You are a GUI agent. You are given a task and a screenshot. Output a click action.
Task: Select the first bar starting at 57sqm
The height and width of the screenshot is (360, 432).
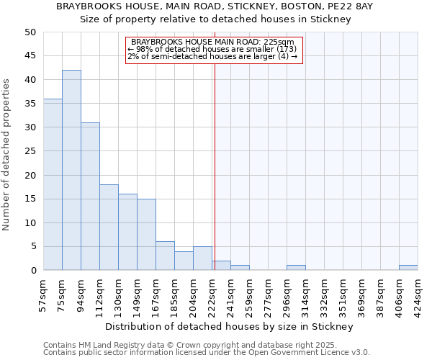pos(53,184)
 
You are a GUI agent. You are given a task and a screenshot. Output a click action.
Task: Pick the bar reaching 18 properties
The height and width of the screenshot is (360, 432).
pos(109,228)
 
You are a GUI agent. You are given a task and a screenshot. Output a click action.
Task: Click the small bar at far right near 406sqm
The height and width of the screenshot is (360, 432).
pos(408,268)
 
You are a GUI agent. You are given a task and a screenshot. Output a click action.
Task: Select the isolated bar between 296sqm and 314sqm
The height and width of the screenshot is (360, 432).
pos(296,268)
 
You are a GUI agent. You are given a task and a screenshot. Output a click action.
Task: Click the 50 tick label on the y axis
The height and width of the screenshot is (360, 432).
pos(30,32)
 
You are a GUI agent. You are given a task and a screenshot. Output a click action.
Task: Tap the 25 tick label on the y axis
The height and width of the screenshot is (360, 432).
pos(30,151)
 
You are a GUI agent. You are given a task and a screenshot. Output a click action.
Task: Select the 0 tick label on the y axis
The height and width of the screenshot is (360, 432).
pos(32,271)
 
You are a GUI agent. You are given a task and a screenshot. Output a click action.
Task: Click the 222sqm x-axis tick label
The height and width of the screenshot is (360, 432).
pos(212,294)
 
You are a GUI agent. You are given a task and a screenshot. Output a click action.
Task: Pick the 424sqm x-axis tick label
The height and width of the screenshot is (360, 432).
pos(418,294)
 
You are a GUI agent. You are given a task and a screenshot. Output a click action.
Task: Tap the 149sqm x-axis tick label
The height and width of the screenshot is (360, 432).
pos(137,294)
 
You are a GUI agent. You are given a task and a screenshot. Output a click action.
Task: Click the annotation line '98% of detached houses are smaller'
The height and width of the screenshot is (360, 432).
pos(213,49)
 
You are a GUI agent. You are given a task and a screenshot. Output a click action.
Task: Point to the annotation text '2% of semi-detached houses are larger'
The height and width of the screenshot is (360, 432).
pos(213,56)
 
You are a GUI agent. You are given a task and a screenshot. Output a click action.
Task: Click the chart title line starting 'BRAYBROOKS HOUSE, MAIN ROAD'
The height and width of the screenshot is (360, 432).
pos(215,6)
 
